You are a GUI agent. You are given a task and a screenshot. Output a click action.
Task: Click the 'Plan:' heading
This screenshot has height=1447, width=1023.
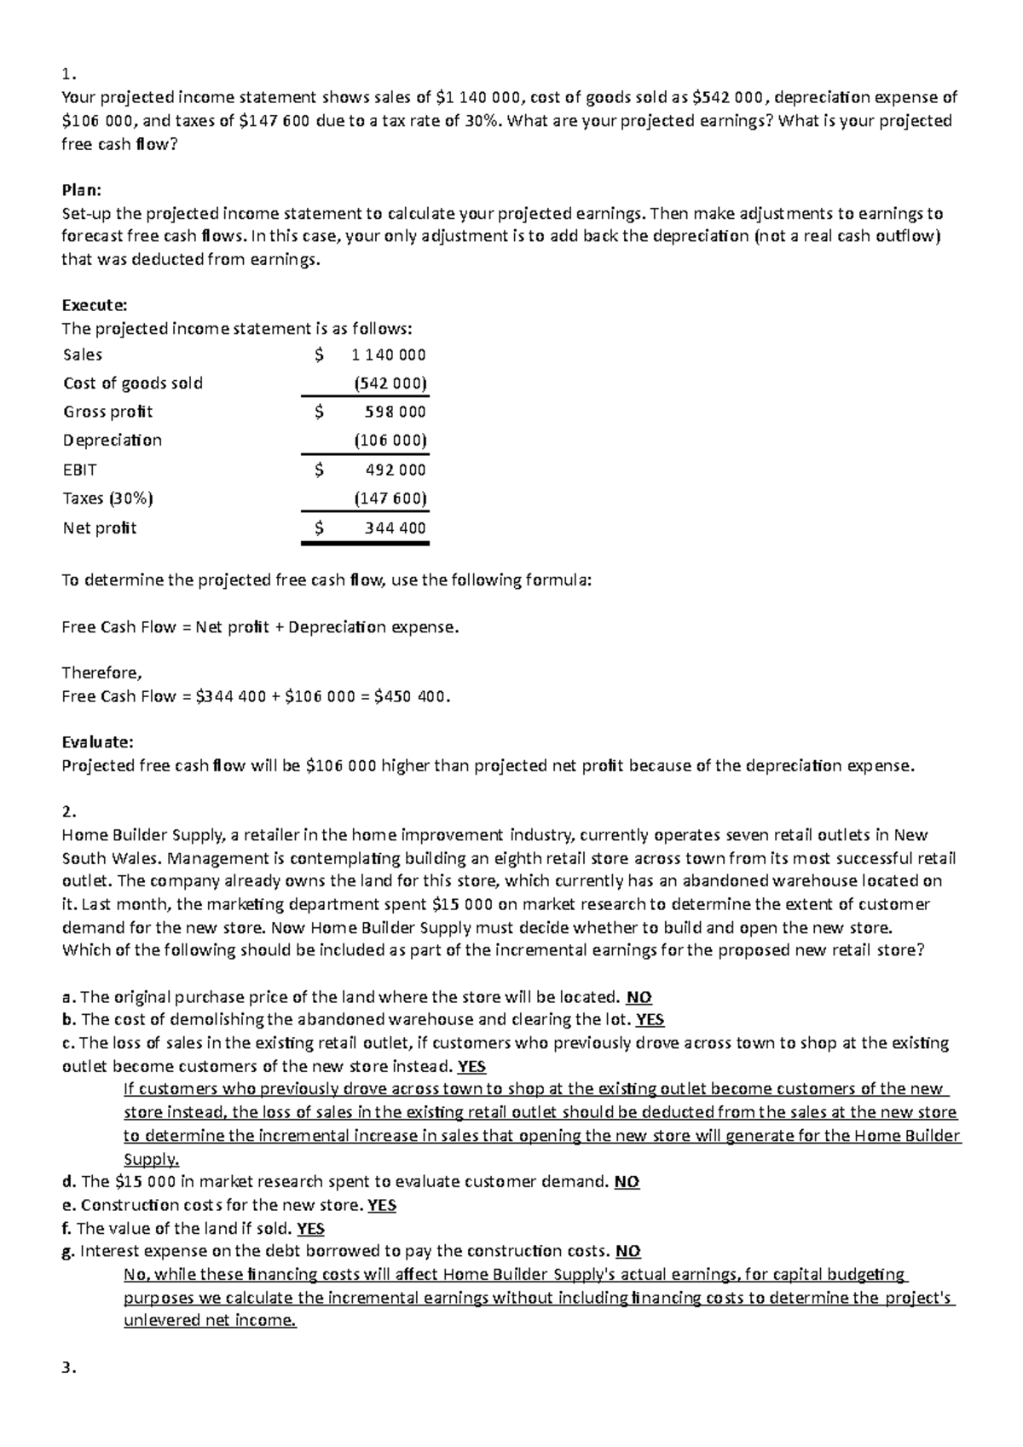pos(81,190)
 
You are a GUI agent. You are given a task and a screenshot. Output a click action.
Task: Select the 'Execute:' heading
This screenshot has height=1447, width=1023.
pos(94,305)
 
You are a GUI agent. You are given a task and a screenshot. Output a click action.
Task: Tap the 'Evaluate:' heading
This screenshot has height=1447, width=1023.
pos(97,742)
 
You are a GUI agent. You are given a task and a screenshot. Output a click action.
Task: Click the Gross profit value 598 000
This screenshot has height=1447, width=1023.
pos(395,412)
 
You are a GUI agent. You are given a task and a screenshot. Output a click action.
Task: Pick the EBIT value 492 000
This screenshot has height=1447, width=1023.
pos(395,470)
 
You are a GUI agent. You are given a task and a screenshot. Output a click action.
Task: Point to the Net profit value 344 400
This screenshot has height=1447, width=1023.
pos(395,527)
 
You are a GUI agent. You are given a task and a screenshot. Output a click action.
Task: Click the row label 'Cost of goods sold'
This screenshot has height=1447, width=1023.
pos(133,383)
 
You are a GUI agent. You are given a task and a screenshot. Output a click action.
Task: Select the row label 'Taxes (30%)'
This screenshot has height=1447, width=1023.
pos(107,498)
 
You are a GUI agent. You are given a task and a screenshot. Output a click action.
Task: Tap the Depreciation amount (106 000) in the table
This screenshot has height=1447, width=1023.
pos(390,441)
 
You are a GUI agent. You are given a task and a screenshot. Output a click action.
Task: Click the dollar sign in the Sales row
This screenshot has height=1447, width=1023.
pos(319,355)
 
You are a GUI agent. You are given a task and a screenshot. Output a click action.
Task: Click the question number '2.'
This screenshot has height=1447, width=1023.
pos(70,810)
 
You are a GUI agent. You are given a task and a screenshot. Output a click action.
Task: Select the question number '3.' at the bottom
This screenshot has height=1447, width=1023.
pos(70,1369)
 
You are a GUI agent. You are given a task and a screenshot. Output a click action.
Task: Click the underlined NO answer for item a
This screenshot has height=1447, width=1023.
pos(639,997)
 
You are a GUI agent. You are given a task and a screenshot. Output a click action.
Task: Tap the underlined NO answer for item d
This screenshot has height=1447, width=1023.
pos(627,1182)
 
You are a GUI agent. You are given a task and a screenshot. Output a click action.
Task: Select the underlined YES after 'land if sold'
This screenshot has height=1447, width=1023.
pos(310,1228)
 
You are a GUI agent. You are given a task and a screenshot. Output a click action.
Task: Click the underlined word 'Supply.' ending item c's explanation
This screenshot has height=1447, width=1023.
pos(152,1159)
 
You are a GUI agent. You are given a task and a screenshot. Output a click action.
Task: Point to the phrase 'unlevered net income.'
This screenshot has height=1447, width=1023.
pos(210,1321)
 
